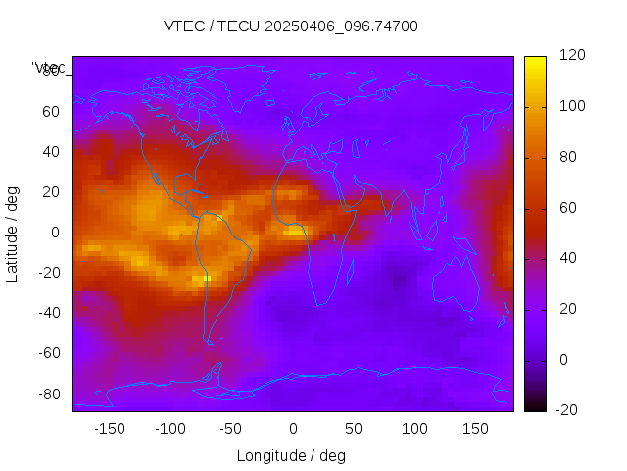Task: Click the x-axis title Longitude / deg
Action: (x=291, y=455)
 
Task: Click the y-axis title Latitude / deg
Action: (x=13, y=233)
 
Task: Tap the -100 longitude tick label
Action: (x=169, y=428)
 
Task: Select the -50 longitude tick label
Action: (x=231, y=428)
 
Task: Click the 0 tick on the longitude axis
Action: (x=293, y=428)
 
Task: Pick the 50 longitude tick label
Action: (x=354, y=428)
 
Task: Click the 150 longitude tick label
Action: (x=475, y=428)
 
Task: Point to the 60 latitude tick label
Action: (x=51, y=112)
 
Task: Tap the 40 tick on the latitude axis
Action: (x=51, y=152)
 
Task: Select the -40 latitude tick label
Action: (x=48, y=313)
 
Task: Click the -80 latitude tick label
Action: (x=48, y=393)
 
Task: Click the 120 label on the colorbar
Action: (x=572, y=55)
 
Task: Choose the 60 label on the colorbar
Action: (x=568, y=207)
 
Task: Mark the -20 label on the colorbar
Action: (x=570, y=410)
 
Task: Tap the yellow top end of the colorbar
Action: (x=535, y=61)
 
